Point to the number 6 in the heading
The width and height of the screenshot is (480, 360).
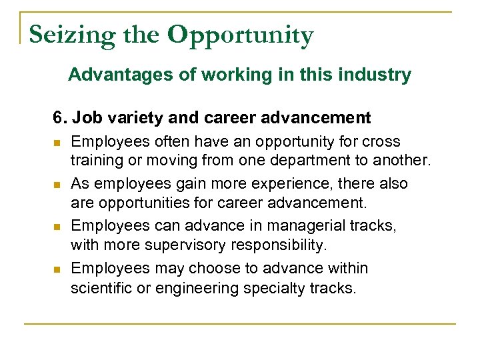coord(58,118)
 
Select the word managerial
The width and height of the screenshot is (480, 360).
coord(310,225)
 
